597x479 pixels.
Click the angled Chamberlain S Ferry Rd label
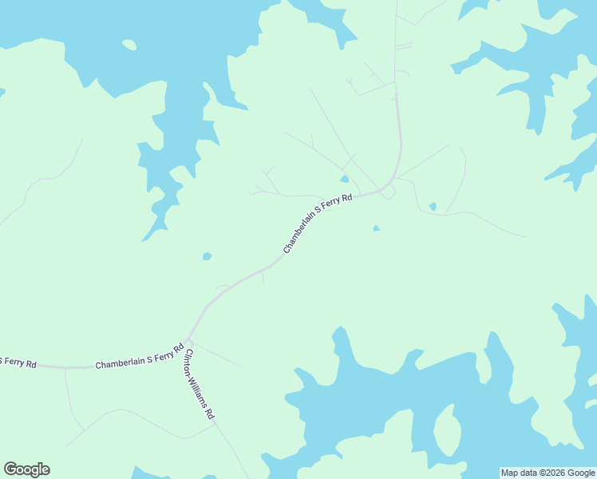pos(318,224)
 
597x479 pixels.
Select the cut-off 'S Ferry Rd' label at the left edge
pos(18,363)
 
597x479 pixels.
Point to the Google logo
pos(26,469)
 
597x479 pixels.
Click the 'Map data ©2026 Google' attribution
pos(548,473)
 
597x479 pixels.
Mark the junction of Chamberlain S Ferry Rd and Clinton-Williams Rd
pos(188,340)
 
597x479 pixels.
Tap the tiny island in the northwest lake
pos(128,45)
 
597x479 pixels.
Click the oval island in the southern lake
pos(447,430)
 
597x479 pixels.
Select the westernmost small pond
pos(207,256)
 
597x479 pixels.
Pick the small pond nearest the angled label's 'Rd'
pos(345,179)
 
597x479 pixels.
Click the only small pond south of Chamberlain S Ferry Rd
pos(376,228)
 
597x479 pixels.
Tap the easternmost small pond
pos(433,207)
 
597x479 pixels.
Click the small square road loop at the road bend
pos(387,192)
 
